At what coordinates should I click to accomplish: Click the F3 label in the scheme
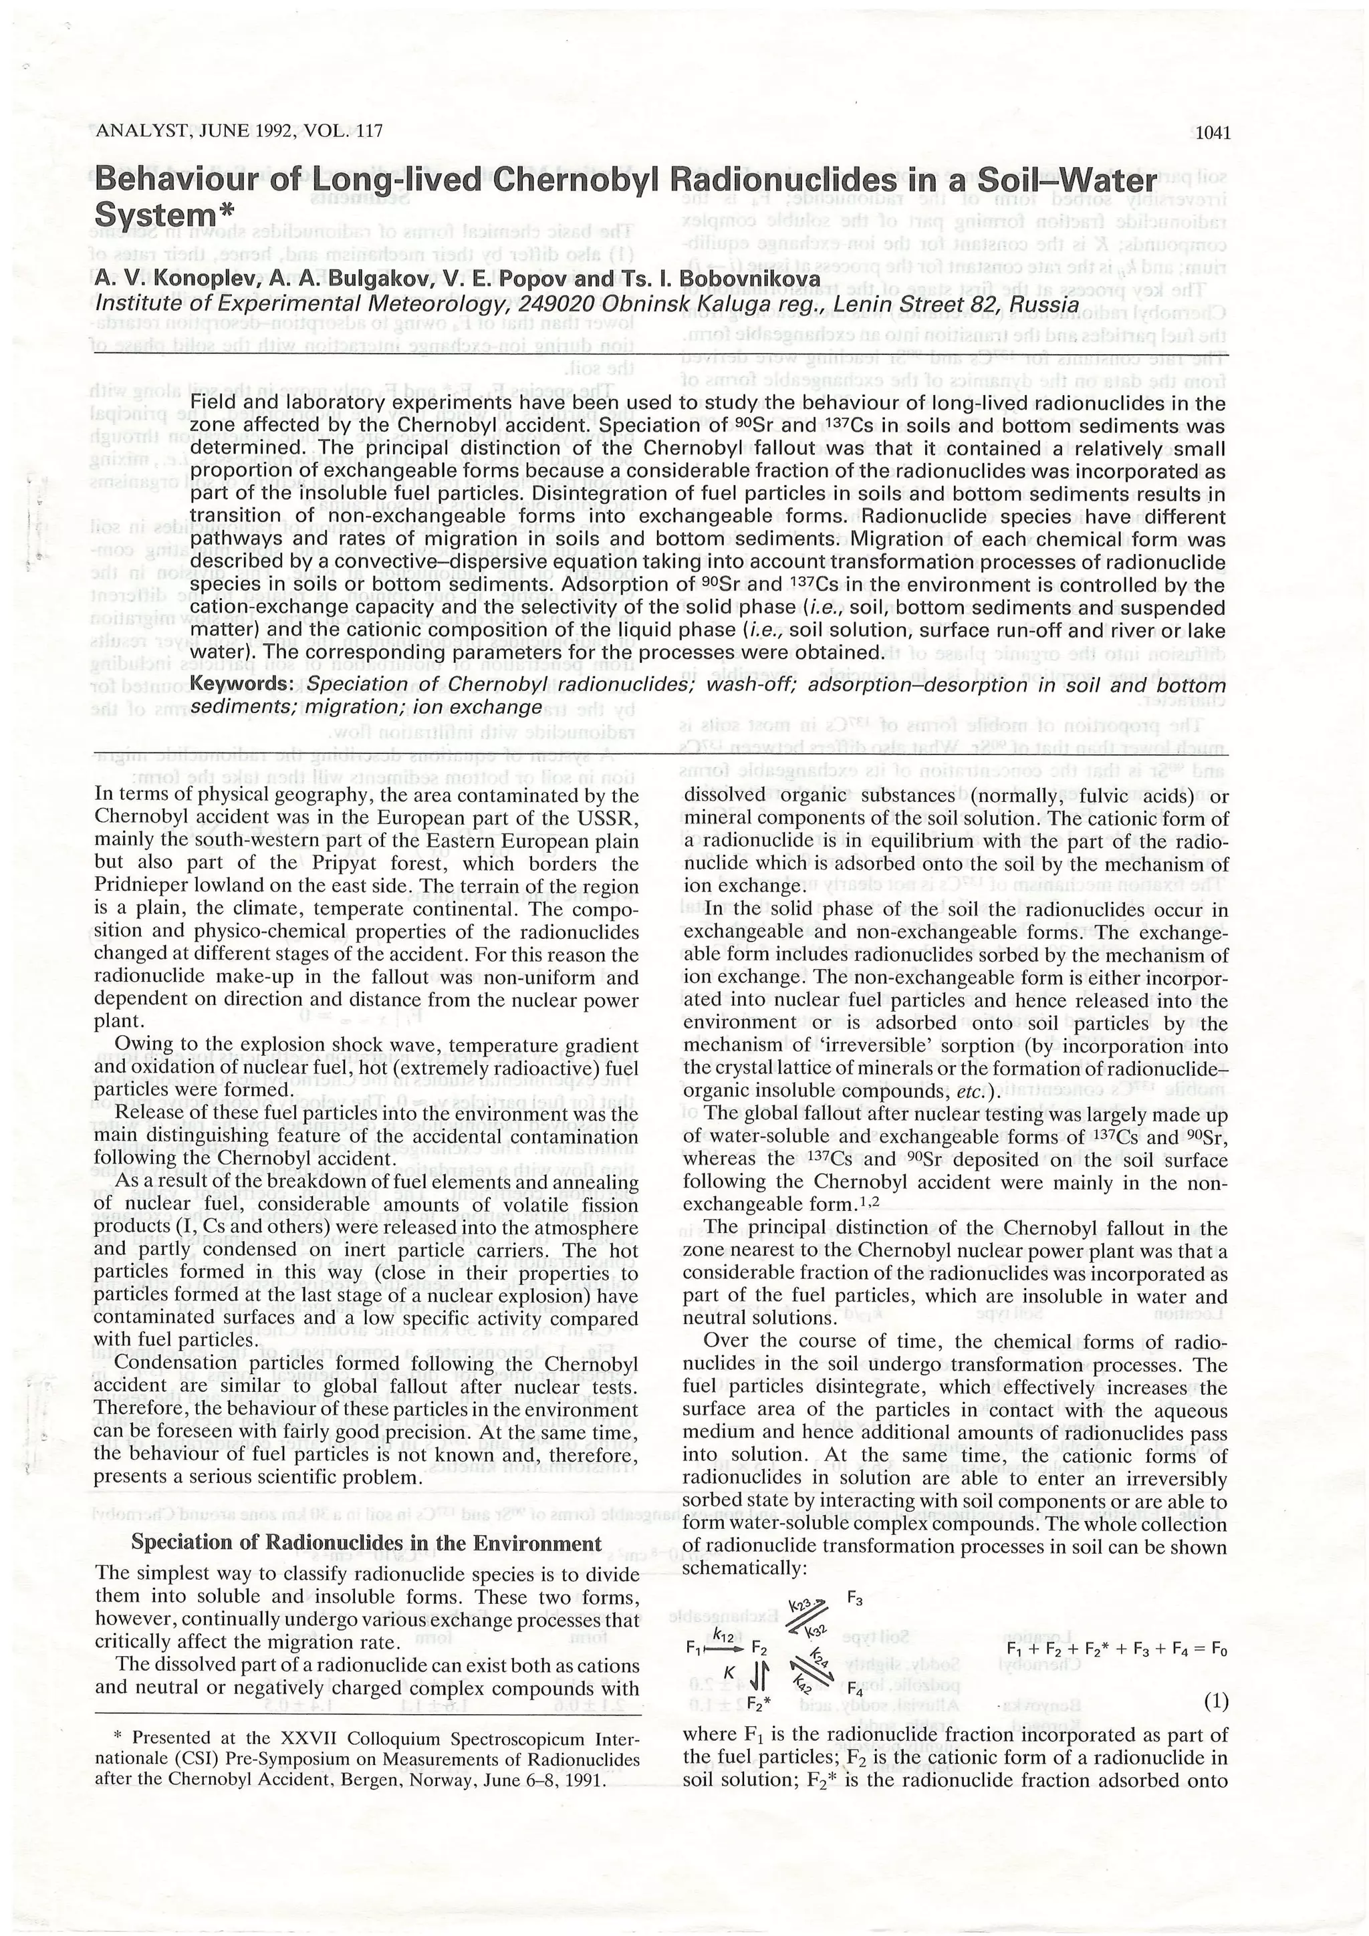pos(854,1599)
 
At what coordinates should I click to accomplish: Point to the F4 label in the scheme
pos(854,1691)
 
